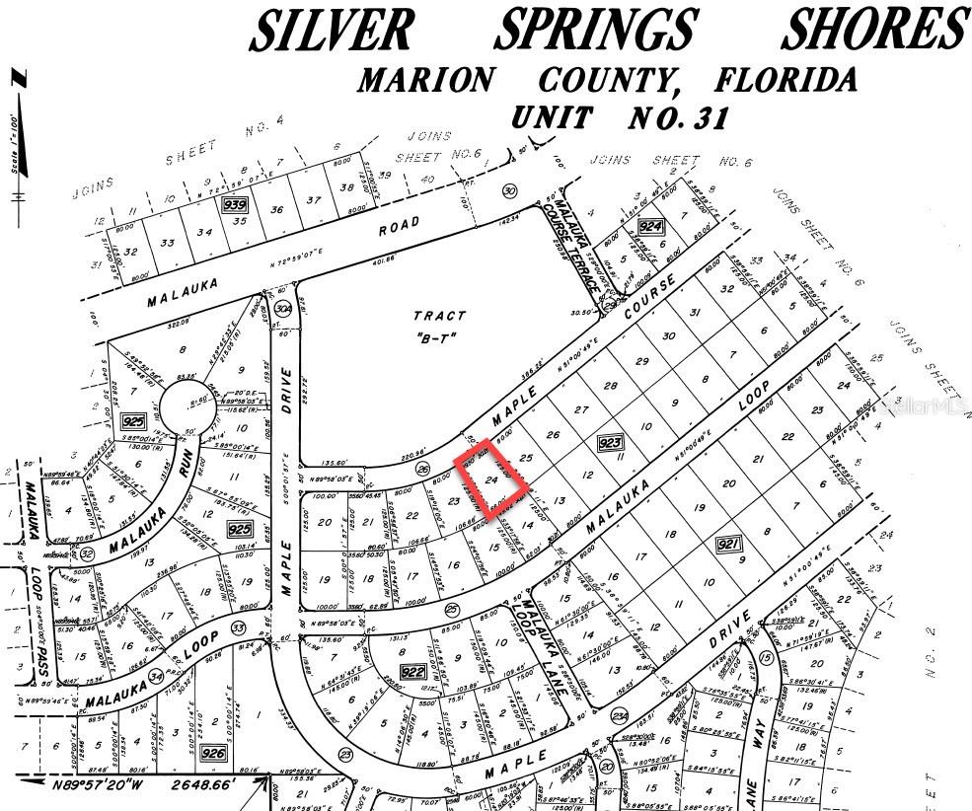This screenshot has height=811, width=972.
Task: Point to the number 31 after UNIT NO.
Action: point(705,117)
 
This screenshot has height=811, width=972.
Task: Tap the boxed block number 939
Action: point(235,204)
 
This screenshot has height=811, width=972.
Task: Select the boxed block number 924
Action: point(650,227)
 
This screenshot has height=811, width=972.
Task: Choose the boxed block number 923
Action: point(608,445)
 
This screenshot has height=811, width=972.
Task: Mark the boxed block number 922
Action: point(413,672)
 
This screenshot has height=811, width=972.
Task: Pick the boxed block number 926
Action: point(213,754)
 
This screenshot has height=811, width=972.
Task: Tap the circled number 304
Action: point(283,309)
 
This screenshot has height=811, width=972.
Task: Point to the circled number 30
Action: point(509,190)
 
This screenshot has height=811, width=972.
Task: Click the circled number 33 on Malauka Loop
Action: point(238,627)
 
